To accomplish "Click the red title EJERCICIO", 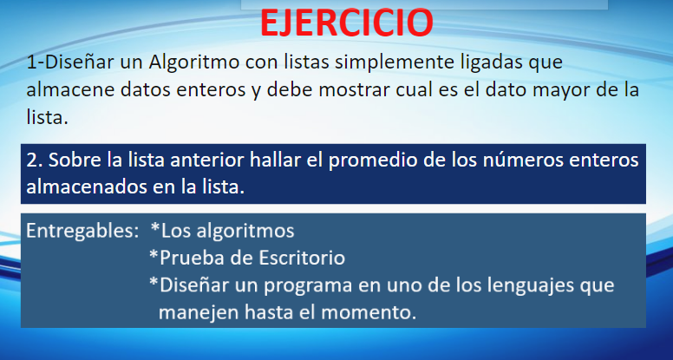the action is point(346,23).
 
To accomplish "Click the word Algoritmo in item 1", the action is point(194,62).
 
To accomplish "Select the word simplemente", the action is point(394,63).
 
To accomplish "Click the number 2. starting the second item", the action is point(35,160).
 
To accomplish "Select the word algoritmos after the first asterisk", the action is point(245,232).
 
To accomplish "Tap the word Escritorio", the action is point(302,258).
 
